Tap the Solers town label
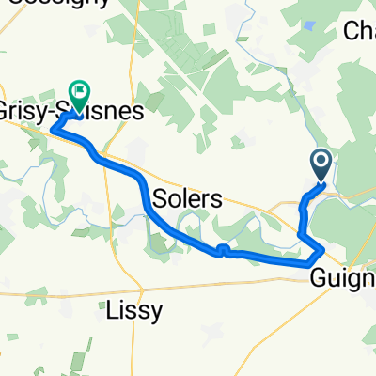click(187, 199)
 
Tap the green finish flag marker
click(79, 93)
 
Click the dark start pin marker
click(321, 165)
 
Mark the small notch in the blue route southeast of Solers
click(223, 249)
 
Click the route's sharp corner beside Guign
click(323, 250)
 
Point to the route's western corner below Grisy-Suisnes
click(54, 129)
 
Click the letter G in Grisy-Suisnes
click(8, 111)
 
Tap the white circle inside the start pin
click(321, 163)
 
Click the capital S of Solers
click(158, 199)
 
